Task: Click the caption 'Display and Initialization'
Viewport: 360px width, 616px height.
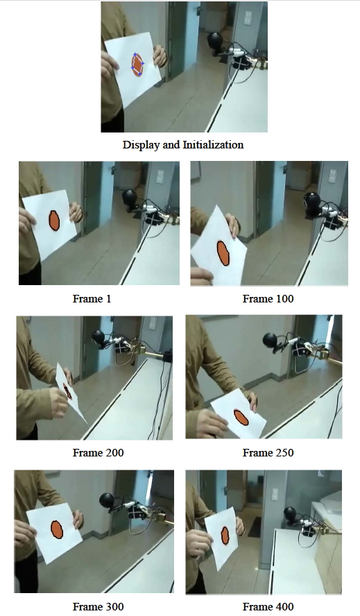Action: tap(183, 145)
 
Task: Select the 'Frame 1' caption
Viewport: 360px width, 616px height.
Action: tap(92, 299)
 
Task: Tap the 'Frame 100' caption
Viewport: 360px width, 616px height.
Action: tap(268, 299)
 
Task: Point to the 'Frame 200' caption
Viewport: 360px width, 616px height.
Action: tap(98, 453)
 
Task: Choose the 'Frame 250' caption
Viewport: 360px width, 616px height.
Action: tap(268, 453)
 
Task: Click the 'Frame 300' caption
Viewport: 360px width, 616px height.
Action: tap(98, 607)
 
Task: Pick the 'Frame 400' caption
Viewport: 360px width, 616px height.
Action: tap(268, 607)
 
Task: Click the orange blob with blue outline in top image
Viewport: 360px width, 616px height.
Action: tap(138, 64)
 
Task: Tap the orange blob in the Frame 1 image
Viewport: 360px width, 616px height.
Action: tap(54, 221)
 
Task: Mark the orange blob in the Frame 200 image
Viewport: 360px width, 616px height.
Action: tap(68, 391)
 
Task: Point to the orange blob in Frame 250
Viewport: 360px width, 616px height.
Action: tap(241, 417)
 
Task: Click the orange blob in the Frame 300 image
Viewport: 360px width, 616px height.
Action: tap(58, 530)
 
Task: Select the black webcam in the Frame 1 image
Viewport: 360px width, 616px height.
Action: tap(130, 198)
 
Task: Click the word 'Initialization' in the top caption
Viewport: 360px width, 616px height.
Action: tap(213, 145)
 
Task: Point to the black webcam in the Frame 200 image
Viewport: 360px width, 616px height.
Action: tap(101, 338)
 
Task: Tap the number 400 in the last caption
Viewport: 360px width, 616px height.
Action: tap(284, 607)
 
